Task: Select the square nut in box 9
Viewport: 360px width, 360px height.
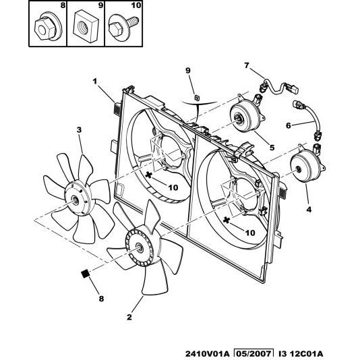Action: pos(86,26)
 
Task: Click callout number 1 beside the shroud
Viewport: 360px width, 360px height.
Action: pos(95,82)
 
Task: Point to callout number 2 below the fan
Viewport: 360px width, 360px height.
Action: pos(129,317)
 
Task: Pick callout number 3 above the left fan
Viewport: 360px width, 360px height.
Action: pos(79,130)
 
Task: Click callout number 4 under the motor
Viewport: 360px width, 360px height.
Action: pos(309,210)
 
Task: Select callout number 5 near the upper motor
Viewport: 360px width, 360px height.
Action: pos(272,148)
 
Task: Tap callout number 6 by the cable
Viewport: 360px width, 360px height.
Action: pos(289,125)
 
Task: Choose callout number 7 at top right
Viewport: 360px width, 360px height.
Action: pos(247,65)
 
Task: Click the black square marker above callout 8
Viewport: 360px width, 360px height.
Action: pos(85,274)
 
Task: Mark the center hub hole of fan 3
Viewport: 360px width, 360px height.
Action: pos(75,200)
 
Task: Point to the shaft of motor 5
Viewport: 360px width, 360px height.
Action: pos(237,119)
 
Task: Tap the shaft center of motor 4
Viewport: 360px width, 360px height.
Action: pos(299,169)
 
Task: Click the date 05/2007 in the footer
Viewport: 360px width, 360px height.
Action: pos(253,354)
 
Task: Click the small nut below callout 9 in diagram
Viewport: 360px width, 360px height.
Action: pos(197,98)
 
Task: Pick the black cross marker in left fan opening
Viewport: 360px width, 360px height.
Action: pos(149,175)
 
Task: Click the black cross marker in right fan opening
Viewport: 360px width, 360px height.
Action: pos(227,220)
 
